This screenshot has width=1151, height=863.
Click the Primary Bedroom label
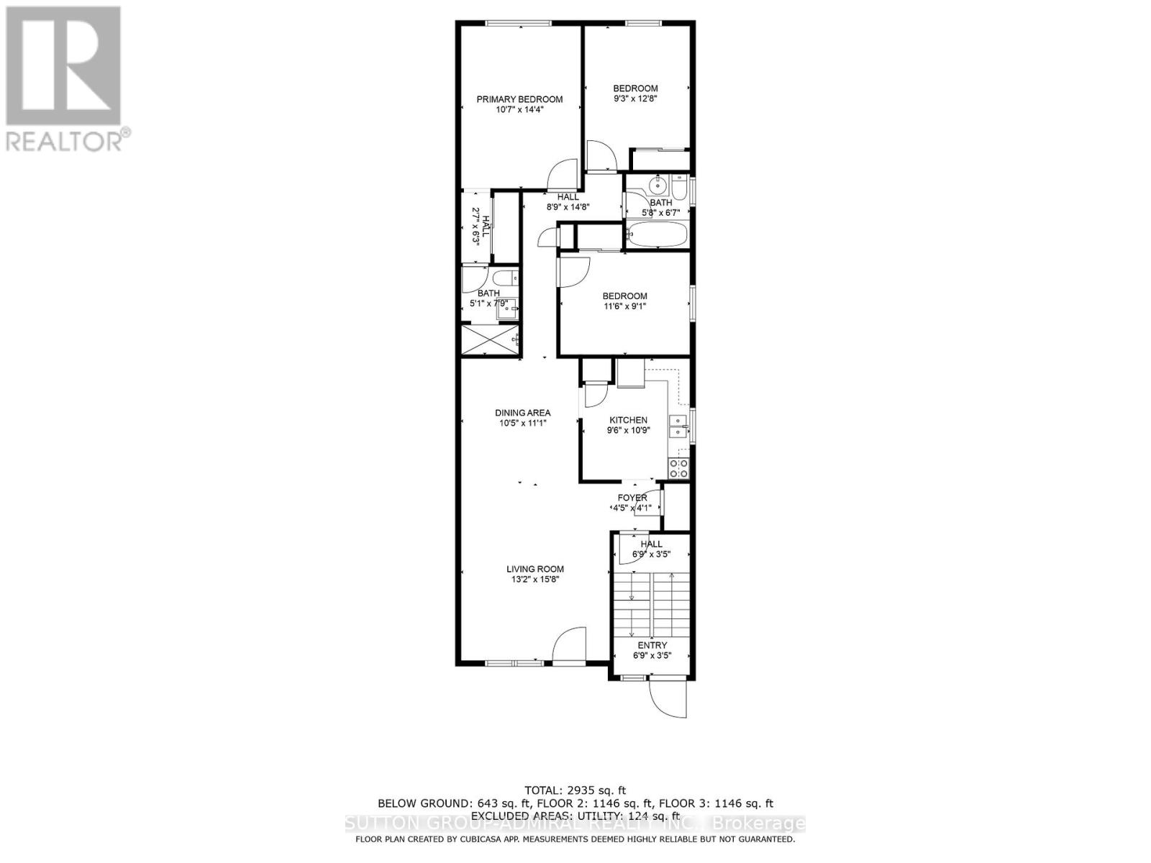point(519,99)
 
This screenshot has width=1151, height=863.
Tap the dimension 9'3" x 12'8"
point(634,99)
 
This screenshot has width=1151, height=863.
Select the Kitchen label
point(628,420)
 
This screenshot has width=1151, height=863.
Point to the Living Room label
point(534,569)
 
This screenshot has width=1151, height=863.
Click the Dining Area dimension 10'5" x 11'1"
point(523,423)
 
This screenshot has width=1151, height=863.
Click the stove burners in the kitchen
point(678,469)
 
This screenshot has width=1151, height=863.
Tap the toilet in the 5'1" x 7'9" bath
point(501,277)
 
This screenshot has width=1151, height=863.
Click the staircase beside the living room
point(651,601)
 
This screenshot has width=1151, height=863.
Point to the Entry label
point(652,645)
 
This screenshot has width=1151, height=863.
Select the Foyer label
point(632,498)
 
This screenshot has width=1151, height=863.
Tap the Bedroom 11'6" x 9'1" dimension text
point(624,306)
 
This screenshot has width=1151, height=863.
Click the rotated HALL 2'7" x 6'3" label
point(481,227)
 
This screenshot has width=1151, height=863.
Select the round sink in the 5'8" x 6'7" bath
point(658,186)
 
